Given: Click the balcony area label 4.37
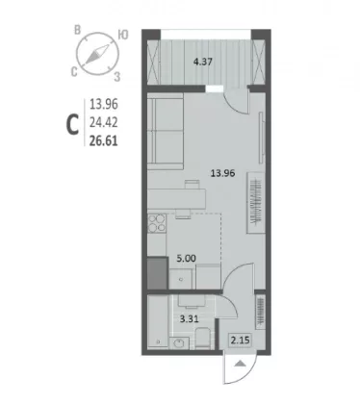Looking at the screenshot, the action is (x=203, y=62).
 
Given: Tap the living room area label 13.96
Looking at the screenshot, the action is (x=222, y=173).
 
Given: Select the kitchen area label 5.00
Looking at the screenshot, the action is (x=186, y=258).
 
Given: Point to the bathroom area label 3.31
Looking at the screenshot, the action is (x=189, y=318).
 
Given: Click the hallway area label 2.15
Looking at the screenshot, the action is (x=240, y=340).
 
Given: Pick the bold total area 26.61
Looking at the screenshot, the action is (x=103, y=140).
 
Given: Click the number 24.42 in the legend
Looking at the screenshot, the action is (x=103, y=122).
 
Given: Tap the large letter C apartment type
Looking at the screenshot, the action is (x=72, y=125).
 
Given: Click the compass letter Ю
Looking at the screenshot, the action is (x=123, y=35).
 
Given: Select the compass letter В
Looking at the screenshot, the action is (x=77, y=31).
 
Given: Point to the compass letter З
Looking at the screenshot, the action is (x=117, y=77).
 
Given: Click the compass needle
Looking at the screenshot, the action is (x=97, y=54).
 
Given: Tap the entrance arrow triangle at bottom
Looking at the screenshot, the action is (x=240, y=364).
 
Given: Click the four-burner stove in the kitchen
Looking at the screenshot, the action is (x=157, y=223).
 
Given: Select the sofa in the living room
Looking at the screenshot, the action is (x=166, y=131).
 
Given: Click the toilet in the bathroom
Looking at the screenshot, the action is (x=202, y=339).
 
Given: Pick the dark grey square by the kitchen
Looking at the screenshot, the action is (x=157, y=273).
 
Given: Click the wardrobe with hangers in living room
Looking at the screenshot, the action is (x=256, y=203).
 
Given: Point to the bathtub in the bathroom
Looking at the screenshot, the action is (x=158, y=321).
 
